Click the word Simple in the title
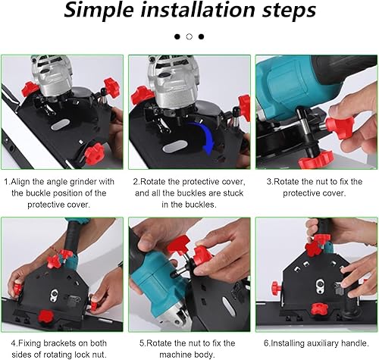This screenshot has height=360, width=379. (x=99, y=10)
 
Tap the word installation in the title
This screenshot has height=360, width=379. (x=198, y=9)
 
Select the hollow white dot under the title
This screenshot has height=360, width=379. (x=189, y=36)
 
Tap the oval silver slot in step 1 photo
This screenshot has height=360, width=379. (x=60, y=125)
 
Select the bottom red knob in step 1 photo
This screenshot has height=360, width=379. (x=94, y=153)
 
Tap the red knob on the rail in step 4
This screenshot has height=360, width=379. (x=45, y=317)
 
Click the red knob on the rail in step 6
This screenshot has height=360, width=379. (x=319, y=309)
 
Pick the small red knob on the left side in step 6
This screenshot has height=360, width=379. (x=276, y=286)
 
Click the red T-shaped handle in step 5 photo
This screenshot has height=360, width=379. (x=180, y=244)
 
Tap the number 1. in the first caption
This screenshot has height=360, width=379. (x=7, y=181)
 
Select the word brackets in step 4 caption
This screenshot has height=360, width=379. (x=59, y=343)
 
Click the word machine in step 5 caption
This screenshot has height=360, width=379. (x=175, y=355)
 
